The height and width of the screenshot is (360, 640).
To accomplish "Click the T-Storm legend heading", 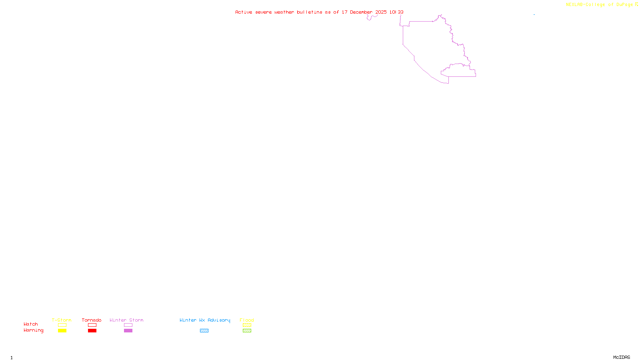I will [x=62, y=320].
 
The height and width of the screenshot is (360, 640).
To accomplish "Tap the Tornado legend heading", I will [x=92, y=320].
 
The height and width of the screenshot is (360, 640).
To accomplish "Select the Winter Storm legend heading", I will [x=126, y=320].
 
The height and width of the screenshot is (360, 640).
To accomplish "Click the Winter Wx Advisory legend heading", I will [x=205, y=320].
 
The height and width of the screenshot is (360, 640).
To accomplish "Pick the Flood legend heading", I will [x=247, y=320].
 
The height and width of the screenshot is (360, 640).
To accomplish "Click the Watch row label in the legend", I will [x=31, y=324].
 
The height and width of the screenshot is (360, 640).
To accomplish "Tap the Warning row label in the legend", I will [x=33, y=330].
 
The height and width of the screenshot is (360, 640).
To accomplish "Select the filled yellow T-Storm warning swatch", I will [x=62, y=331].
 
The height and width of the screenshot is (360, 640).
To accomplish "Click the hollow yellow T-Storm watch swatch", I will [x=62, y=325].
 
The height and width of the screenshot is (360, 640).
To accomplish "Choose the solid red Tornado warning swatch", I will [x=92, y=331].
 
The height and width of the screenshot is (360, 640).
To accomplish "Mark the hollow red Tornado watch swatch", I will [x=92, y=325].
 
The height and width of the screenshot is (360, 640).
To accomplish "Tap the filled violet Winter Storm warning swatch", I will [x=128, y=331].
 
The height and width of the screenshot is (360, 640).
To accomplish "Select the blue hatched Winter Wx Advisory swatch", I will [x=204, y=331].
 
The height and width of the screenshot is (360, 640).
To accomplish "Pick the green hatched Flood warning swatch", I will [x=247, y=331].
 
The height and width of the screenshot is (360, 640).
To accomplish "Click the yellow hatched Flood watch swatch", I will [x=247, y=325].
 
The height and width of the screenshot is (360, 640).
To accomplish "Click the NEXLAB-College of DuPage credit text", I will [x=600, y=5].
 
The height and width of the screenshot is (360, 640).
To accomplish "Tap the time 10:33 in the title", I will [x=396, y=12].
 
